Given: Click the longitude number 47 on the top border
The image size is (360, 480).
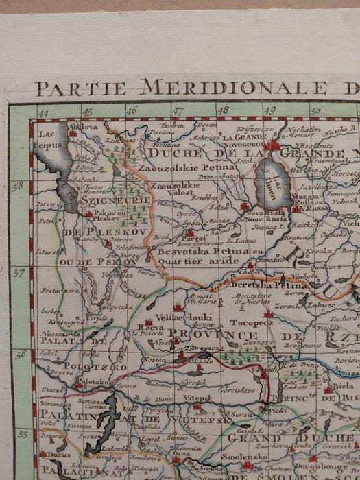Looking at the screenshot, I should pyautogui.click(x=178, y=110).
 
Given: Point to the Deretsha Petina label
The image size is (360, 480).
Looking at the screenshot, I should pyautogui.click(x=279, y=283).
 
